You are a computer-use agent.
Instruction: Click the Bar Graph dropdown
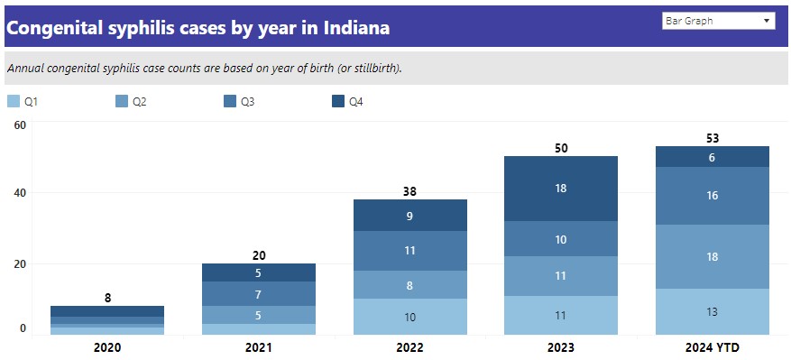(x=718, y=20)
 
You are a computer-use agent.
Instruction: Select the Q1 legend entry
(x=23, y=102)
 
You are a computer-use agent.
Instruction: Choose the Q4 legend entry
(x=348, y=102)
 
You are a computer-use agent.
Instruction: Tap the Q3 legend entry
(x=239, y=102)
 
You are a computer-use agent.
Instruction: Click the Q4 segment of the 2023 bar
(x=561, y=189)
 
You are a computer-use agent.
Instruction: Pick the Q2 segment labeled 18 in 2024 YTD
(x=713, y=257)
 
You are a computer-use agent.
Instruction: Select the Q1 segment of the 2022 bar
(x=410, y=317)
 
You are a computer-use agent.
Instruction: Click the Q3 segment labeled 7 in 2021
(x=259, y=294)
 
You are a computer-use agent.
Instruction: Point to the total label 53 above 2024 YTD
(x=713, y=138)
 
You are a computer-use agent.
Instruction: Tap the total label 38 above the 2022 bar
(x=410, y=191)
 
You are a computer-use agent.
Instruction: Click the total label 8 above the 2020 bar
(x=107, y=298)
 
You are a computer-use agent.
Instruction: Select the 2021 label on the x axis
(x=259, y=346)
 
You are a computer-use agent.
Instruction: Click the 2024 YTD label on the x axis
(x=713, y=346)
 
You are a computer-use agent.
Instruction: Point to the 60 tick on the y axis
(x=20, y=125)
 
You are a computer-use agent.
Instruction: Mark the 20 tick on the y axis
(x=20, y=263)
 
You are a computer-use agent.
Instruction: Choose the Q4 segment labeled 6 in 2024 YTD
(x=713, y=157)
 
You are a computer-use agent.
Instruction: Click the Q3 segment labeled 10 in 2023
(x=561, y=239)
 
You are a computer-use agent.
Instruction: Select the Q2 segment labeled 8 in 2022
(x=410, y=285)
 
